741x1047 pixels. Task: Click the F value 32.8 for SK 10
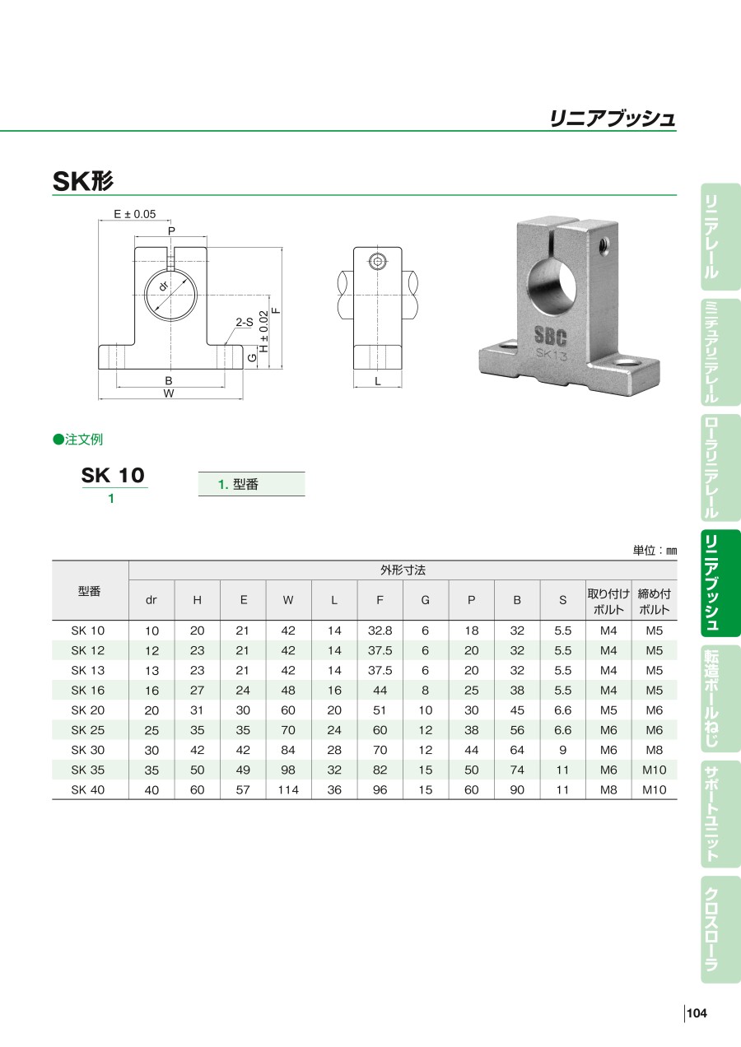coord(380,631)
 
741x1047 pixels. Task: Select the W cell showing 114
coord(288,790)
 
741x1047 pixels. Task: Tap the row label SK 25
coord(88,730)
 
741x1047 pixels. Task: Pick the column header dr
coord(151,600)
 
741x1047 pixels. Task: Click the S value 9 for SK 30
coord(563,750)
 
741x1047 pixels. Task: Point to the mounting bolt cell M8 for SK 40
coord(608,790)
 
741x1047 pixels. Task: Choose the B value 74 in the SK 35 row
coord(517,770)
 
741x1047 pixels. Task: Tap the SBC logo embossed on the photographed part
coord(550,337)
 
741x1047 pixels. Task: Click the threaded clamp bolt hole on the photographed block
coord(603,243)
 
